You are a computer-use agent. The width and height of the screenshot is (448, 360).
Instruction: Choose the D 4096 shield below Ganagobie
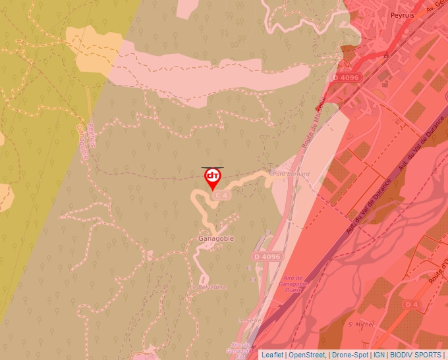coord(266,256)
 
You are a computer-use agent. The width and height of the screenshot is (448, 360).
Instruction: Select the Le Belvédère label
coord(209,288)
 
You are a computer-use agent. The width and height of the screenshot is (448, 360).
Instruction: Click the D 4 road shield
coord(412,304)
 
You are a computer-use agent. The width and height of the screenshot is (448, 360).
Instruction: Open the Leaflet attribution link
coord(272,355)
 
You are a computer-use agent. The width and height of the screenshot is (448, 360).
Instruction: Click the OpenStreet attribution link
coord(307,355)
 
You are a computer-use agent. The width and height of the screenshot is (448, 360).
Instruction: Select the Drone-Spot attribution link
coord(350,355)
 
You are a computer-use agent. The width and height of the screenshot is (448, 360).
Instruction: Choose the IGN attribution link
coord(379,355)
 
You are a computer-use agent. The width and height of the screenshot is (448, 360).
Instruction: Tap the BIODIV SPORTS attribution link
coord(416,355)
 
